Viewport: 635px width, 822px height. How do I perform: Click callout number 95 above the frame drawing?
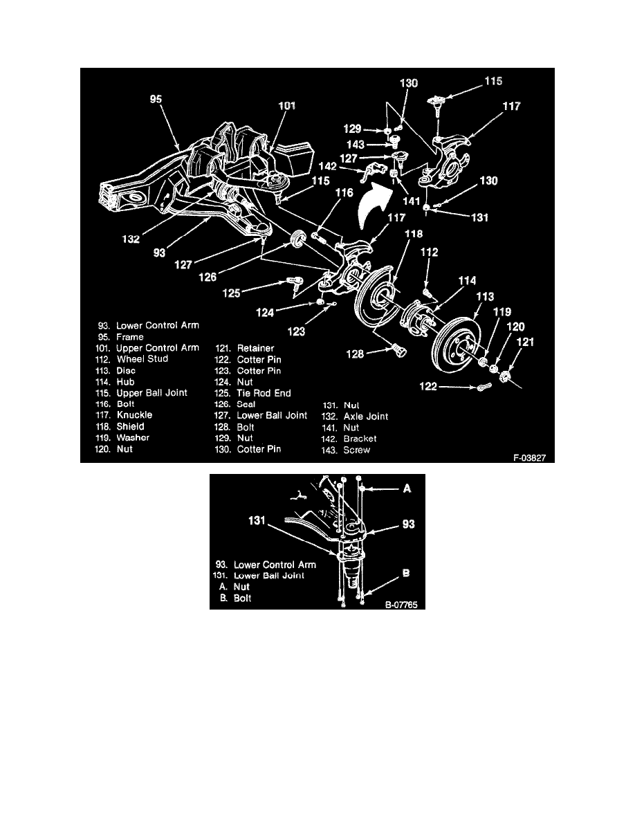tap(157, 99)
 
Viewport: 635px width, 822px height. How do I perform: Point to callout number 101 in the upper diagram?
tap(286, 106)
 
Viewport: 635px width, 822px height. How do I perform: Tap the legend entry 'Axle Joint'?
tap(356, 417)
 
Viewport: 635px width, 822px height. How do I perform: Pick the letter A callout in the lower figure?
tap(407, 488)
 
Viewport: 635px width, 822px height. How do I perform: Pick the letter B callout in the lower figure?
tap(407, 574)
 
